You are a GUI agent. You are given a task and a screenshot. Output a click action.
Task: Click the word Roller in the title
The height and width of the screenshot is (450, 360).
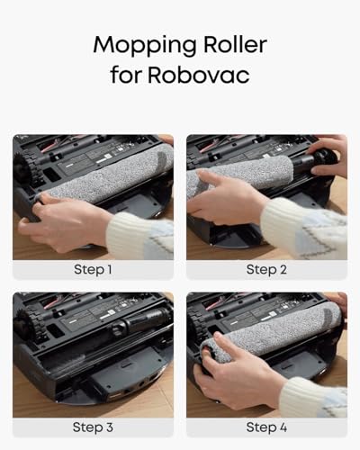click(236, 44)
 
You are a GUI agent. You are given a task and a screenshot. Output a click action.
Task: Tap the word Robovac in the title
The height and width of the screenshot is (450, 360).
click(198, 75)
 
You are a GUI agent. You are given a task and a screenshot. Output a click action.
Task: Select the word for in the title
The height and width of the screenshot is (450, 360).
click(125, 75)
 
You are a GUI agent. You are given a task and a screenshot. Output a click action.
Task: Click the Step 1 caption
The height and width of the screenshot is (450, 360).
click(93, 269)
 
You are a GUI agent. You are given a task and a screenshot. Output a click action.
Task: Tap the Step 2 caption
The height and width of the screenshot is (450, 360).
click(266, 269)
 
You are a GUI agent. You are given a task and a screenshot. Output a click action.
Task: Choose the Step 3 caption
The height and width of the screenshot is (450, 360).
click(93, 427)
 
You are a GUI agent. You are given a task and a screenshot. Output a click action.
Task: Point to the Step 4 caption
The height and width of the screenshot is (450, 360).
click(266, 427)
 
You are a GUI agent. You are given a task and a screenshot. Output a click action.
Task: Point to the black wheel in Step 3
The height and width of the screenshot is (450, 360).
click(25, 327)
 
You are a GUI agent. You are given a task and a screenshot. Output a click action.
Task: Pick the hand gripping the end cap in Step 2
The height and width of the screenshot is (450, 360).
click(328, 160)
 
